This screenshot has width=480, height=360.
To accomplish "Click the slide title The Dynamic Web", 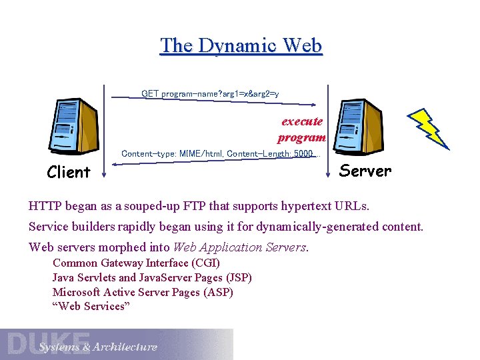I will (x=241, y=45).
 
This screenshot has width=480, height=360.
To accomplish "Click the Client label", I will (x=69, y=173).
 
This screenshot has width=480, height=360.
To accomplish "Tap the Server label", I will (x=365, y=171).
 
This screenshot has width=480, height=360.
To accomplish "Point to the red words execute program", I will (x=302, y=129).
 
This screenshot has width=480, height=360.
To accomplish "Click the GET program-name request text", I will (x=211, y=94).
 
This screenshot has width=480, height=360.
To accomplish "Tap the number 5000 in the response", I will (x=303, y=154).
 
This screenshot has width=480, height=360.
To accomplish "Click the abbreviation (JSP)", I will (x=239, y=277).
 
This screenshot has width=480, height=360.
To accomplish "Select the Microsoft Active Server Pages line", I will (x=143, y=292).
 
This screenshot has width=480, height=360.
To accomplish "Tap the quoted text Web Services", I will (x=91, y=307).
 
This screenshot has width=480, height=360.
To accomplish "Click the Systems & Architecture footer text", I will (x=98, y=347).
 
